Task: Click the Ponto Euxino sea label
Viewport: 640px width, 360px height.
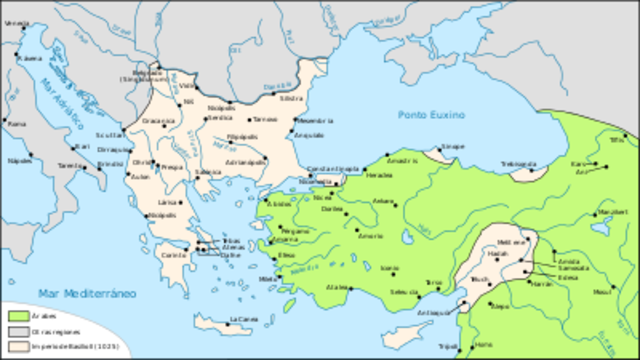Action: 428,113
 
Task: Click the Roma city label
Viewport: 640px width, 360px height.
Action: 16,123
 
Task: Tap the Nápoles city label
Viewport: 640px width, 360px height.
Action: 17,159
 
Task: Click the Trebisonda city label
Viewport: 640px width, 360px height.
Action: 519,162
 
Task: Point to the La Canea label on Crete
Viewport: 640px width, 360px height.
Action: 243,319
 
